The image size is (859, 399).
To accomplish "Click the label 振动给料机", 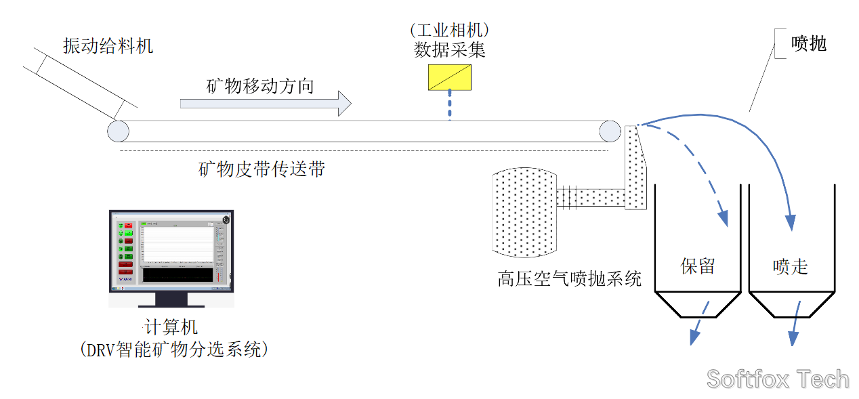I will click(x=108, y=46).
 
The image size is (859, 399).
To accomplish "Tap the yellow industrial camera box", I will click(x=450, y=77).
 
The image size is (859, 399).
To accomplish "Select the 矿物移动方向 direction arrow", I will click(x=265, y=103).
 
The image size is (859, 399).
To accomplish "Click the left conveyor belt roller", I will click(x=118, y=131).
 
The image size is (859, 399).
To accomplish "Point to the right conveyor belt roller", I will click(x=609, y=131).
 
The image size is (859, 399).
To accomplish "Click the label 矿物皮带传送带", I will click(x=261, y=169).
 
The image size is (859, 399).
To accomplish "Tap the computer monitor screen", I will click(x=171, y=250).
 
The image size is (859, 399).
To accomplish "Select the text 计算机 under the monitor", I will click(x=171, y=327).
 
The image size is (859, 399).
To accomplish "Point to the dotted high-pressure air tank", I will click(x=525, y=212).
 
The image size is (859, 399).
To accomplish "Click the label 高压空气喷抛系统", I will click(x=569, y=278).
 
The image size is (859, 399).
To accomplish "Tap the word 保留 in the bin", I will click(x=697, y=266).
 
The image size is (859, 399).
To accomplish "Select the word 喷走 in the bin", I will click(x=791, y=266).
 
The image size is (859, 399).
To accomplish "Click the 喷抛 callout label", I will click(x=810, y=44).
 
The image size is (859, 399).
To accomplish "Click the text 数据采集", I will click(x=450, y=50).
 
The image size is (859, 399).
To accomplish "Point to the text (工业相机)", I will click(x=450, y=30).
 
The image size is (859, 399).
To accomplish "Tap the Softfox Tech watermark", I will click(x=778, y=379).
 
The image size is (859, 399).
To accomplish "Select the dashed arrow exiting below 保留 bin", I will click(x=698, y=324).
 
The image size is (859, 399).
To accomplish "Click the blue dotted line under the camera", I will click(x=449, y=106).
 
